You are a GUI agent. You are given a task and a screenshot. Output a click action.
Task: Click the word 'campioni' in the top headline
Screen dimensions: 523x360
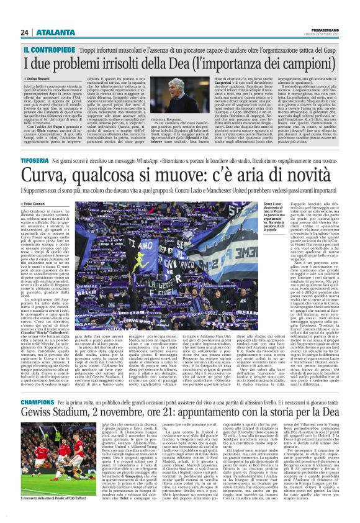318,62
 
